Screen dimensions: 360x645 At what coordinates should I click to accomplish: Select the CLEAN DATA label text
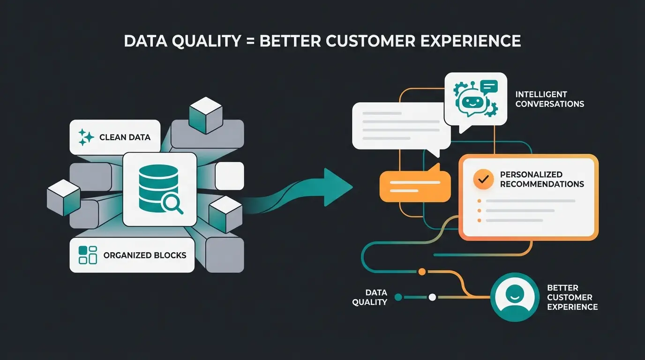(x=125, y=137)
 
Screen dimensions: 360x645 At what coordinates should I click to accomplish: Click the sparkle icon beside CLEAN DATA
(x=86, y=137)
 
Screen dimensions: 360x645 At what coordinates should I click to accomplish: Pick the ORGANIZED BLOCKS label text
(x=144, y=255)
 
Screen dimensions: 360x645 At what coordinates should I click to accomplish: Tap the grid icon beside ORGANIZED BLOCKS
(x=88, y=255)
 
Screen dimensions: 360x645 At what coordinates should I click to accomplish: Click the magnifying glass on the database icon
(x=171, y=203)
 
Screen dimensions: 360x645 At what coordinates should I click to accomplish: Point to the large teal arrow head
(x=337, y=187)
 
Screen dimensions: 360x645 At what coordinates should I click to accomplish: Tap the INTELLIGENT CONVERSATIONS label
(x=549, y=99)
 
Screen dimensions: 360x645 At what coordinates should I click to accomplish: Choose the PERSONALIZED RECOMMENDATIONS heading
(x=541, y=179)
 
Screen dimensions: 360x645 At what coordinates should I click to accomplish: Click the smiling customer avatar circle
(x=514, y=297)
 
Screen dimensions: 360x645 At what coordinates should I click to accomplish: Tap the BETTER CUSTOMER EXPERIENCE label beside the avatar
(x=572, y=297)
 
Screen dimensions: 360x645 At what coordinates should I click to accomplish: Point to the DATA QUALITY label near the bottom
(x=370, y=297)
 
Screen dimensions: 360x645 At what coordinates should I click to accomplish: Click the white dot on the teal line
(x=432, y=297)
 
